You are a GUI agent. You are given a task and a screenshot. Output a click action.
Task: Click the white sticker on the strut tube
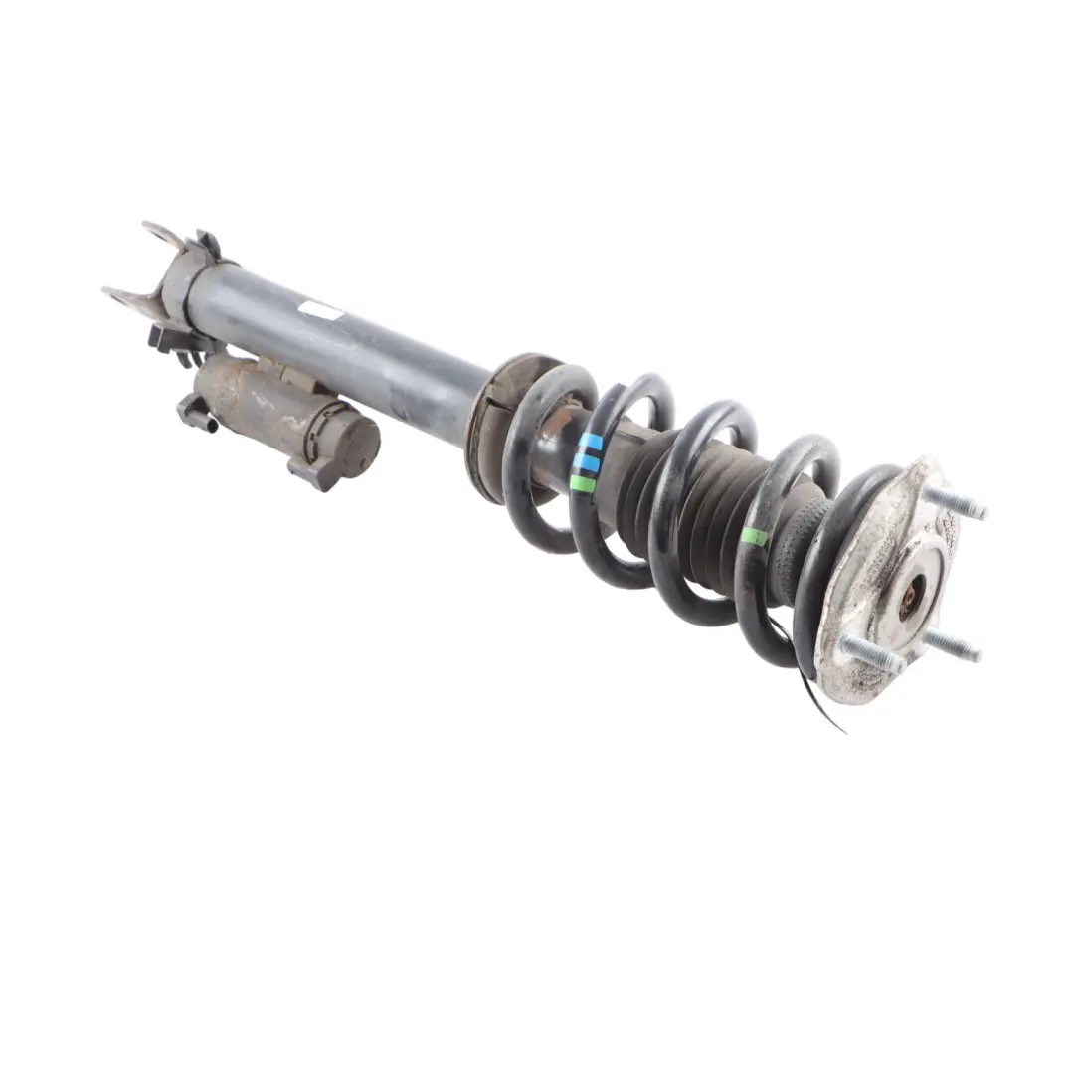tap(321, 310)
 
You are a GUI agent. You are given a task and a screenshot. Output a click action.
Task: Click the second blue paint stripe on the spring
tap(588, 463)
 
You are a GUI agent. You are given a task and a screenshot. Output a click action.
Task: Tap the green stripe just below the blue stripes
tap(584, 483)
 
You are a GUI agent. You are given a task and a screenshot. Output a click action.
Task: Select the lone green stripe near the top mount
tap(754, 537)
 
